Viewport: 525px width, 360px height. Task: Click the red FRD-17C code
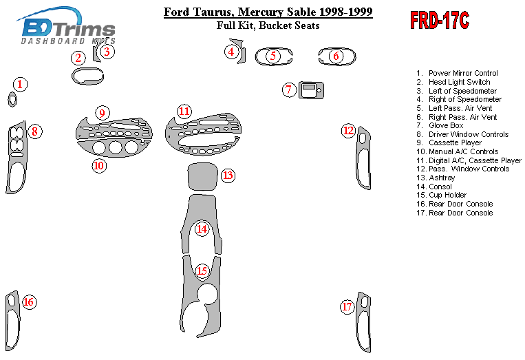440,20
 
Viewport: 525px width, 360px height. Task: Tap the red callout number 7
289,89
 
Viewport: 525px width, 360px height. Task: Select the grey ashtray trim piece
202,176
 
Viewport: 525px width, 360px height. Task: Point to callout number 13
228,175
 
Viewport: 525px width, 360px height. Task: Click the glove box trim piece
311,89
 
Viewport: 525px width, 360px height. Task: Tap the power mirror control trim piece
12,99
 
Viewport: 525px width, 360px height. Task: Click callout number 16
29,302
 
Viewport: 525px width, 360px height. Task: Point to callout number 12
349,130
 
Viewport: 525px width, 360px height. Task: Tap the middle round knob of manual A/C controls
115,147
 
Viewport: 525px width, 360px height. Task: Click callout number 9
102,113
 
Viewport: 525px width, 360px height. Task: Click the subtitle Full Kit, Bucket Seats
268,25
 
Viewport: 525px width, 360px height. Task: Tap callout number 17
347,306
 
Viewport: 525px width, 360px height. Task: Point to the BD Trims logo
67,26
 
